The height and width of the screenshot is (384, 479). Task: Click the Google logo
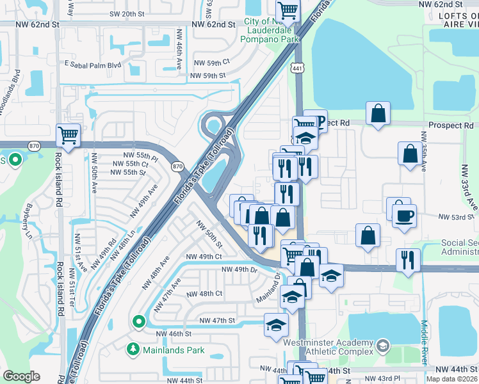(x=21, y=376)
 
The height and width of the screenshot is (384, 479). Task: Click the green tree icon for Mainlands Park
(x=133, y=349)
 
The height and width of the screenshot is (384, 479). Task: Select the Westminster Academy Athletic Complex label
(x=329, y=348)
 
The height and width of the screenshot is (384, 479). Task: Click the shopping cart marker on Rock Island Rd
(x=69, y=135)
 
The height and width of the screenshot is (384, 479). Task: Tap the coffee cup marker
(x=404, y=215)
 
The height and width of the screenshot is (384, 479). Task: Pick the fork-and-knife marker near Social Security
(x=408, y=259)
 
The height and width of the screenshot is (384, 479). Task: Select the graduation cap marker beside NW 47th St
(x=276, y=324)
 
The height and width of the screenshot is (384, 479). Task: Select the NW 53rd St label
(x=451, y=218)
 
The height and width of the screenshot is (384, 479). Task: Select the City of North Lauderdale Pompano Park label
(x=270, y=30)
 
